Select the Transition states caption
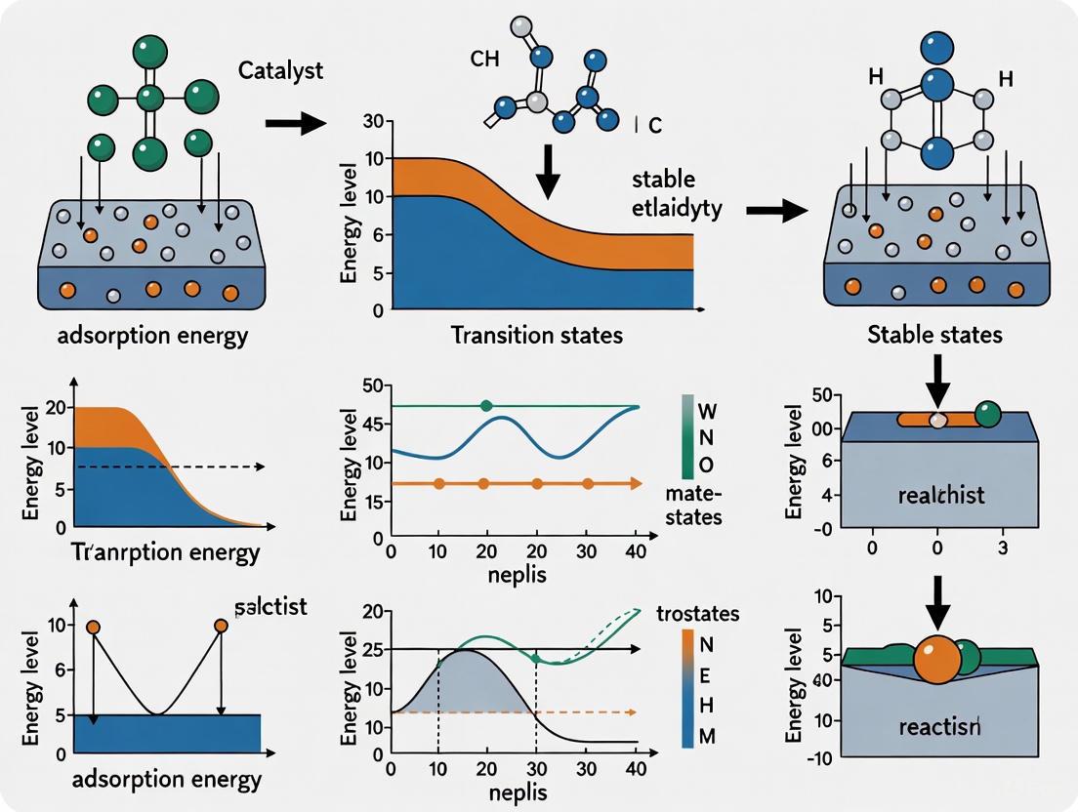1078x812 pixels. [536, 336]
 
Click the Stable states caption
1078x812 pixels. [934, 336]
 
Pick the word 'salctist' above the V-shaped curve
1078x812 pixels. [271, 606]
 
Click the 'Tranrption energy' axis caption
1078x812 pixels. [167, 552]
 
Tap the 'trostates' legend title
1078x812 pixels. [698, 614]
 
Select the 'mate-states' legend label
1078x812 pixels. [691, 505]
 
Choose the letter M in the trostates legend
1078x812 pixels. [708, 735]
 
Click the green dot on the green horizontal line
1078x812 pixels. [487, 406]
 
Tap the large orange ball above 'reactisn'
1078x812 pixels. [938, 662]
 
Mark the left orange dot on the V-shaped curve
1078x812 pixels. [93, 627]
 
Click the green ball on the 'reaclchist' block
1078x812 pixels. [987, 414]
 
